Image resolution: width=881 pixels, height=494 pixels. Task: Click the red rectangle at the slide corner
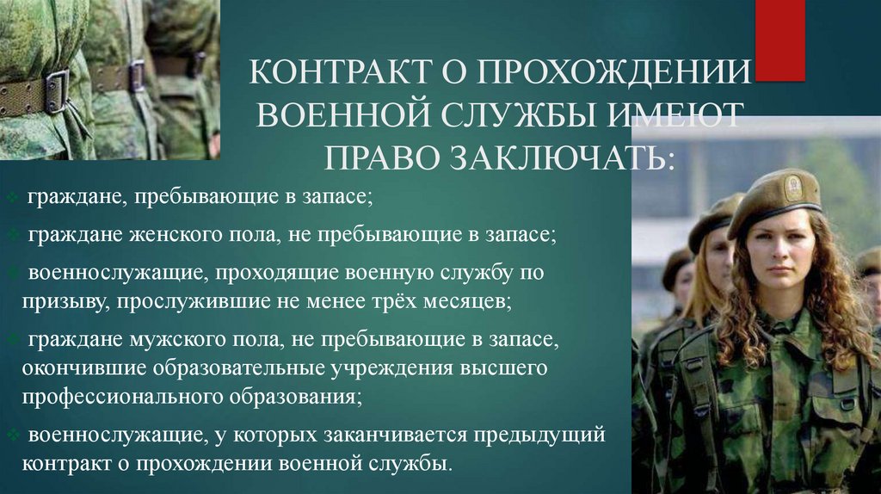pyautogui.click(x=780, y=40)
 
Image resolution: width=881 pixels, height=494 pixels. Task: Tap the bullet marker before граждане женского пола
pyautogui.click(x=17, y=235)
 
